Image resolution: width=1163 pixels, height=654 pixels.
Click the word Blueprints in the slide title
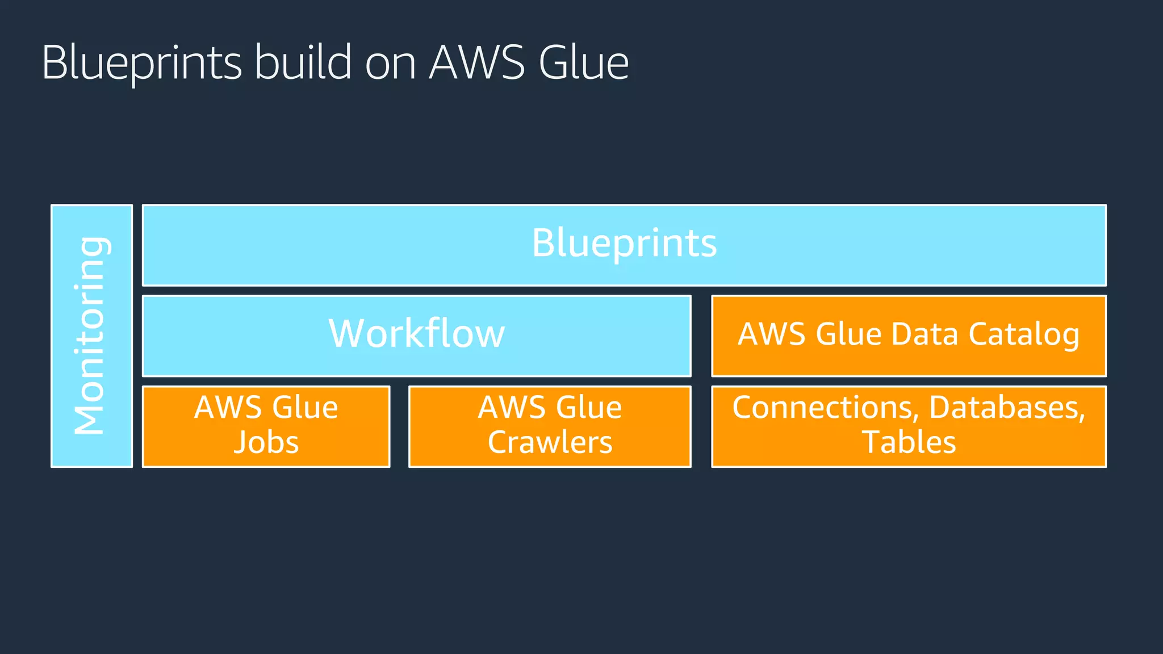click(x=141, y=62)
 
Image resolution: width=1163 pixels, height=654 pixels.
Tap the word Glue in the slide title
click(x=583, y=62)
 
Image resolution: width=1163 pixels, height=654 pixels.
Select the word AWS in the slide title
click(x=476, y=62)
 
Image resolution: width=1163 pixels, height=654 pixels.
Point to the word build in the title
click(x=303, y=62)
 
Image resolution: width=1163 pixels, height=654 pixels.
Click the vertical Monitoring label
click(x=91, y=336)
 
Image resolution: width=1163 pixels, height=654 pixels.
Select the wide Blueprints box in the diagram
click(x=624, y=245)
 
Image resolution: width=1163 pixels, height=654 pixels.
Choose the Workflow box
click(x=416, y=335)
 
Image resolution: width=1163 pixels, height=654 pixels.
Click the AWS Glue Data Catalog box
click(x=909, y=335)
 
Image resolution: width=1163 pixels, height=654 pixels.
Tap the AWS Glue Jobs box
click(x=266, y=426)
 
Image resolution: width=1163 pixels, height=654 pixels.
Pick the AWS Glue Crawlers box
click(x=550, y=426)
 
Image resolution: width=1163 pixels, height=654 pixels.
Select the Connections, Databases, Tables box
click(x=909, y=426)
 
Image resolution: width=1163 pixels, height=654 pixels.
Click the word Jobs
click(x=266, y=442)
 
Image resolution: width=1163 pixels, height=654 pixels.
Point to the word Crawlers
click(x=550, y=442)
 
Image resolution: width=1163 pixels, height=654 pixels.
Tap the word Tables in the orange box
click(x=909, y=442)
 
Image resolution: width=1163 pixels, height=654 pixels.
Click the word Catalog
click(x=1023, y=334)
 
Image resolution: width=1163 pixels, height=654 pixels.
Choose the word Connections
click(x=826, y=408)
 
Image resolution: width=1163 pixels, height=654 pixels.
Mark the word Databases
click(x=1007, y=408)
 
